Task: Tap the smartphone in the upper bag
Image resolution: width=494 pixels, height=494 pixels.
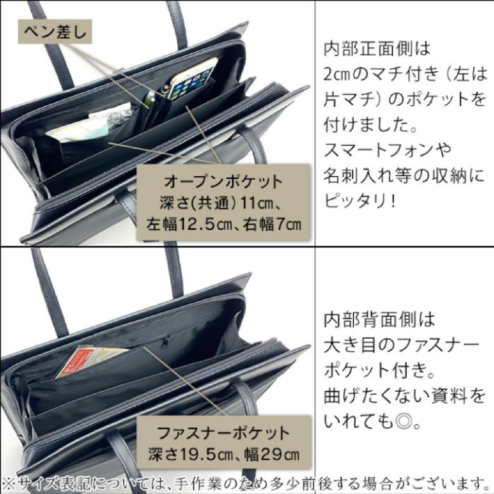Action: tap(192, 79)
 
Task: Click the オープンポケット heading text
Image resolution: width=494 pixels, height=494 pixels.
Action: tap(223, 181)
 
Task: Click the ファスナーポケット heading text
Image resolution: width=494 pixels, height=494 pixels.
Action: tap(223, 434)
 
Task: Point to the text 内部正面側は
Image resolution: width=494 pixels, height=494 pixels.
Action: tap(377, 48)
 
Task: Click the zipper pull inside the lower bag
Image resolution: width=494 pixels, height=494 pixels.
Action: tap(166, 340)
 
